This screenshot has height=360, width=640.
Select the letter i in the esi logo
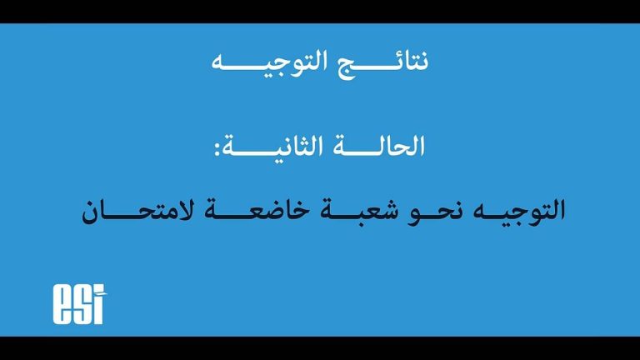(97, 309)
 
